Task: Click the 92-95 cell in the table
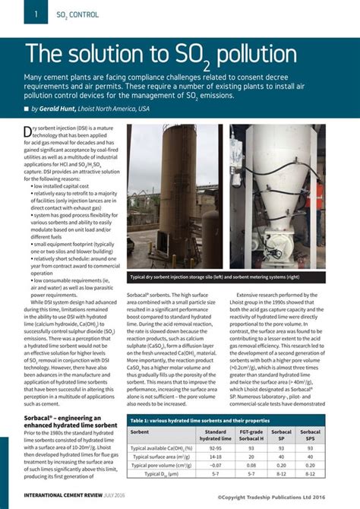tap(216, 448)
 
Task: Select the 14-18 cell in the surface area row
tap(216, 457)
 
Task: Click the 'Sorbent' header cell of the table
tap(140, 432)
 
